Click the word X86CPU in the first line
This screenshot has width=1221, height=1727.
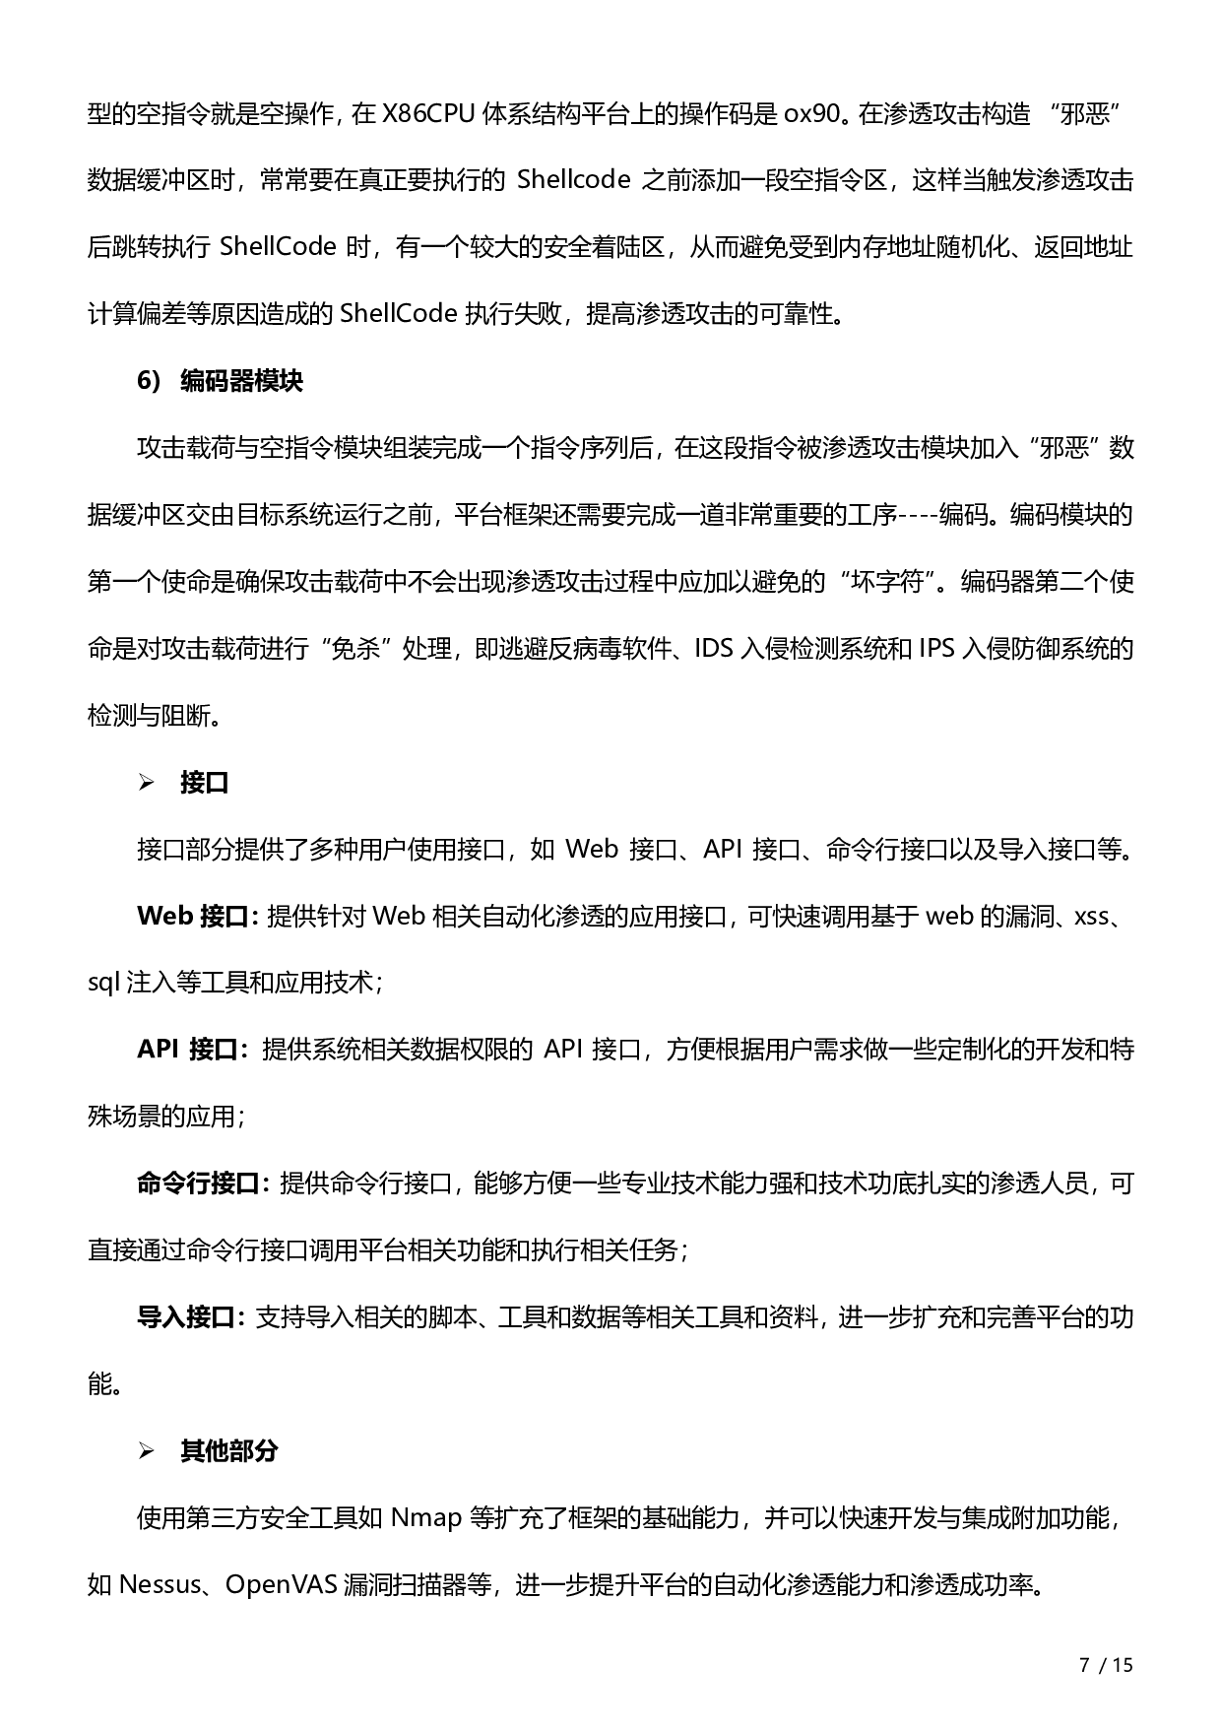point(427,114)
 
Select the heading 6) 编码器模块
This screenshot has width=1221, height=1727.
point(221,382)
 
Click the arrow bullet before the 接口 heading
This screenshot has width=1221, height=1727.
point(147,784)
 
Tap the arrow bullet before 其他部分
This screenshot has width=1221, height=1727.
point(147,1451)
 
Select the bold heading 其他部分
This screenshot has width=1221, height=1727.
point(229,1451)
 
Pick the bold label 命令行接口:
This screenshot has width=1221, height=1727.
point(203,1183)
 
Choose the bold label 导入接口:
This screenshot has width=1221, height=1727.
point(191,1317)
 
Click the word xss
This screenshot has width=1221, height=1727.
point(1091,917)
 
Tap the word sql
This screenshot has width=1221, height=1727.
point(103,983)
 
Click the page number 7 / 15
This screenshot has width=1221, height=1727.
point(1107,1665)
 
